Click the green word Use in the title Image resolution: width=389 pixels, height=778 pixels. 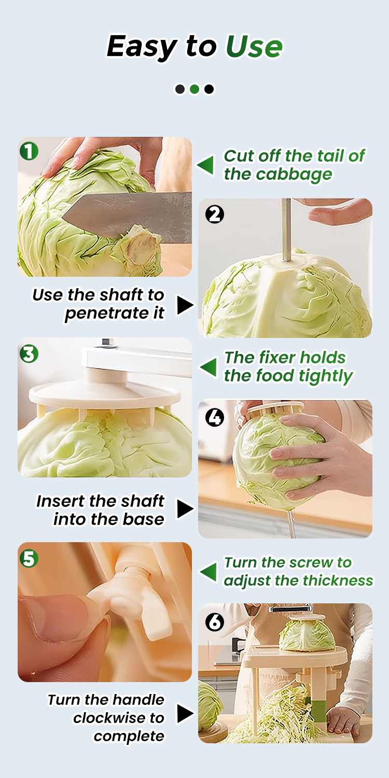click(254, 46)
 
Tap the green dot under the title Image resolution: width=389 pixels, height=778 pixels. click(195, 89)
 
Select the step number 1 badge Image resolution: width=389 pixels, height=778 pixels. click(29, 151)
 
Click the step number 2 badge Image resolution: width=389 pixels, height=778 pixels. click(215, 214)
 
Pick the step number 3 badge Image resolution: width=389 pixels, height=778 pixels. click(29, 354)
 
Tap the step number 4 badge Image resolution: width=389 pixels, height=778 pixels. click(215, 417)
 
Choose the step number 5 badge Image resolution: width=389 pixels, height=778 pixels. click(29, 559)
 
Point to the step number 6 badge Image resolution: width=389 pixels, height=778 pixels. click(215, 621)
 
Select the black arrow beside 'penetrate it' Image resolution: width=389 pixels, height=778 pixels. click(185, 305)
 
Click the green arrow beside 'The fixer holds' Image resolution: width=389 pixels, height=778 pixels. click(208, 367)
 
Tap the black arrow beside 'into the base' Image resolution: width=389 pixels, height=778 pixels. click(185, 509)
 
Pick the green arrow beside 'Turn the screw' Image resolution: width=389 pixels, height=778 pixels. click(208, 572)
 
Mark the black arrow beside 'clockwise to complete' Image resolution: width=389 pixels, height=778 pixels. click(185, 713)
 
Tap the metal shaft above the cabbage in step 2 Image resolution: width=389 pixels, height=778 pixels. click(286, 229)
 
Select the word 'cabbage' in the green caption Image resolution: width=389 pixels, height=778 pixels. click(294, 175)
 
